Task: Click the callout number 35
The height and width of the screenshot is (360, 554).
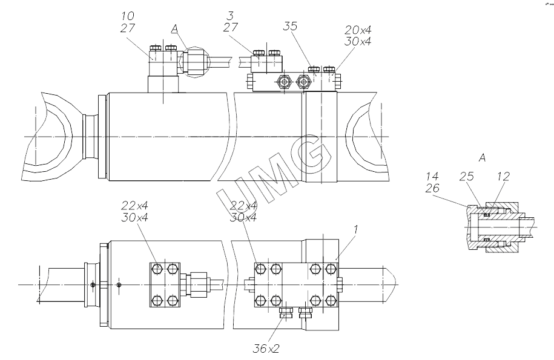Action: [290, 26]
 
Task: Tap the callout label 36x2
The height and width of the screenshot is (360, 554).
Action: [266, 349]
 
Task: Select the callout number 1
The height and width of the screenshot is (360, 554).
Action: [356, 229]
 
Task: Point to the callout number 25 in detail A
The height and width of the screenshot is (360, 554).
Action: [466, 176]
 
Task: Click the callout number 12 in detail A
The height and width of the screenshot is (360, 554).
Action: [504, 176]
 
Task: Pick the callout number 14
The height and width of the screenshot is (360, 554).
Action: [432, 176]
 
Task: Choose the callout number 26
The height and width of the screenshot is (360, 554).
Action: [432, 188]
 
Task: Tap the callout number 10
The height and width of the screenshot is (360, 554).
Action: [128, 16]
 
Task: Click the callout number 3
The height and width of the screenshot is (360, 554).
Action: [231, 16]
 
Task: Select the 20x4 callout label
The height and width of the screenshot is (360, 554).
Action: [358, 30]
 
